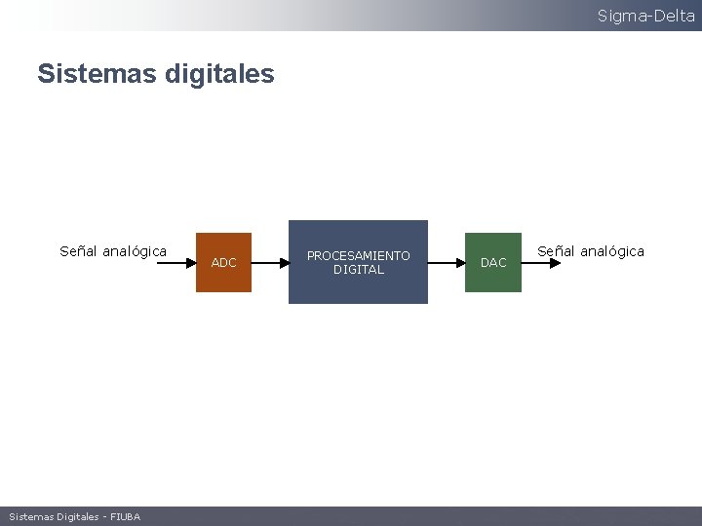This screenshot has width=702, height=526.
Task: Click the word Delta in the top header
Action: click(674, 16)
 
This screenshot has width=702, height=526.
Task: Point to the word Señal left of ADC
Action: click(78, 251)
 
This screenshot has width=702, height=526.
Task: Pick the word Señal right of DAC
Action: click(556, 251)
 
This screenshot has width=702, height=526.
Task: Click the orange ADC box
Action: click(223, 262)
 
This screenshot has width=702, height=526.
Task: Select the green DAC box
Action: click(493, 262)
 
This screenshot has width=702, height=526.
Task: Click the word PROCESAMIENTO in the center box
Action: click(358, 255)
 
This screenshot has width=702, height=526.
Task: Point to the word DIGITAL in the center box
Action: click(358, 270)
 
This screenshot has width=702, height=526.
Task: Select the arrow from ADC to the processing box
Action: click(270, 262)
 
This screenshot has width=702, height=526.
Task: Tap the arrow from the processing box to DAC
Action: click(446, 262)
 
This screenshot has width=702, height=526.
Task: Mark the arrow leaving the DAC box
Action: click(542, 262)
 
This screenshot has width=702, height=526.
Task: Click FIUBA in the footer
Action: click(125, 516)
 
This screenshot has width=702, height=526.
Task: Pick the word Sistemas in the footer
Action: click(30, 516)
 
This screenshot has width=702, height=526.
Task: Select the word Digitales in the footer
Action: click(77, 516)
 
